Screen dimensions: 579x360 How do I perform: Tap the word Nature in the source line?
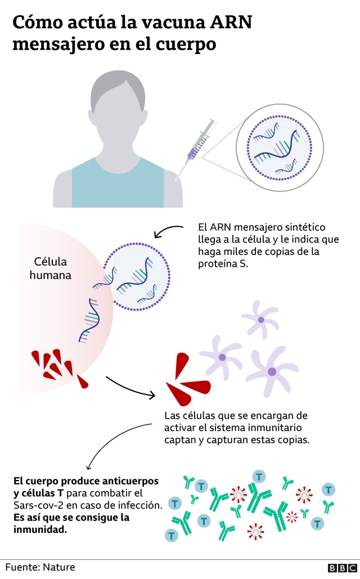tap(58, 567)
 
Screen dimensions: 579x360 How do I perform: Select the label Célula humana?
tap(51, 268)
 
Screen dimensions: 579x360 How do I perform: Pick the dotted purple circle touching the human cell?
tap(137, 276)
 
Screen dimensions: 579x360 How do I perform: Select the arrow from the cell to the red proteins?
tap(130, 387)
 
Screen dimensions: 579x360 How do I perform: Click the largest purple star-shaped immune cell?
tap(272, 370)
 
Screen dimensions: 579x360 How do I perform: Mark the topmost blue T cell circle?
tap(259, 476)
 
